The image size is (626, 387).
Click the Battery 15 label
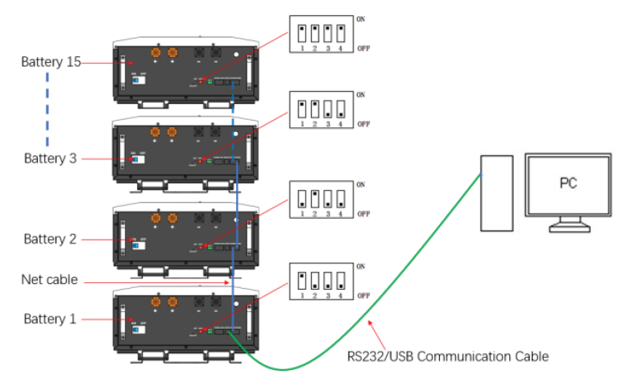pyautogui.click(x=51, y=62)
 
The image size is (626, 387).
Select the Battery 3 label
pyautogui.click(x=50, y=158)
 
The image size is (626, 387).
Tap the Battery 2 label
pyautogui.click(x=50, y=239)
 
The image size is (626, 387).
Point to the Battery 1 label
pyautogui.click(x=50, y=319)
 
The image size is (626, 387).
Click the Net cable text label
pyautogui.click(x=50, y=280)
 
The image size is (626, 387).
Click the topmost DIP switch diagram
pyautogui.click(x=321, y=35)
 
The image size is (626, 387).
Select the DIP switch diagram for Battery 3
pyautogui.click(x=321, y=111)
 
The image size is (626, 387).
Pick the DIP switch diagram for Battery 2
pyautogui.click(x=321, y=199)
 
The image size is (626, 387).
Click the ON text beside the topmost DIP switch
pyautogui.click(x=361, y=17)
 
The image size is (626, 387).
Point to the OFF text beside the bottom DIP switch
pyautogui.click(x=363, y=296)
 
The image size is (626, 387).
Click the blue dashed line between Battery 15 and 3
pyautogui.click(x=47, y=109)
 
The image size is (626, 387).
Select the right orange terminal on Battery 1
pyautogui.click(x=172, y=301)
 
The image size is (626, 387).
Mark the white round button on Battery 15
pyautogui.click(x=235, y=55)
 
